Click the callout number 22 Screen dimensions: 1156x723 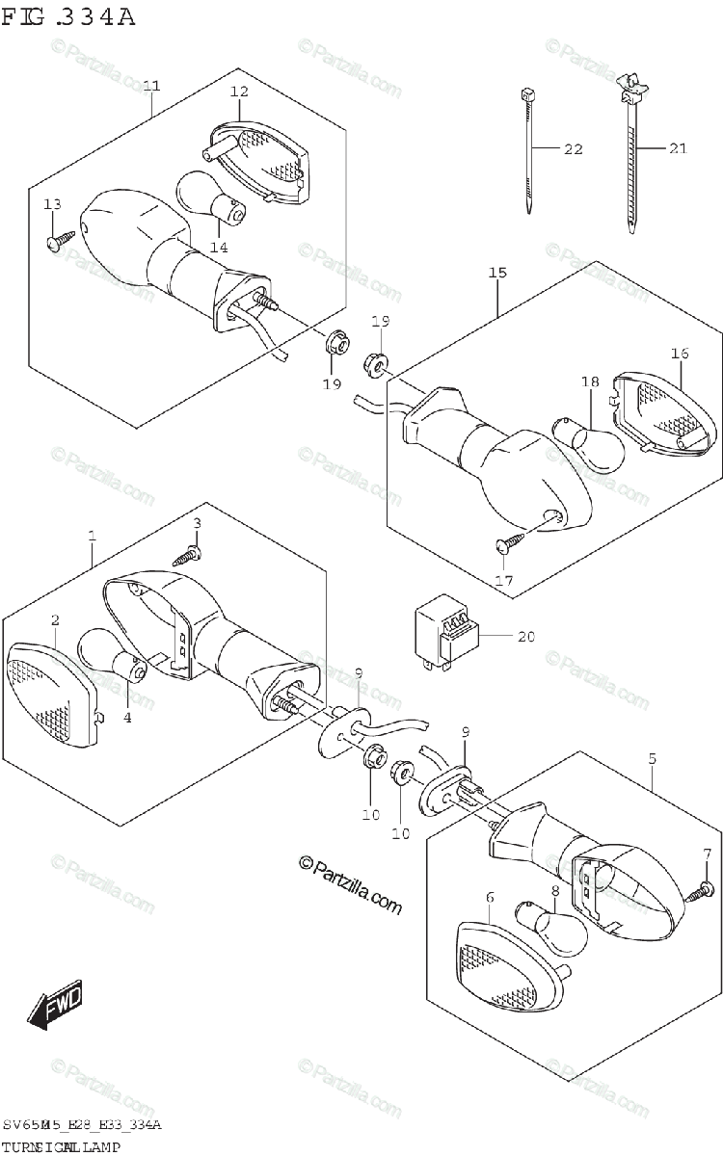pyautogui.click(x=574, y=149)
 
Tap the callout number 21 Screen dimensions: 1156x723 pyautogui.click(x=678, y=148)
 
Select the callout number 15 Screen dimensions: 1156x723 pyautogui.click(x=497, y=274)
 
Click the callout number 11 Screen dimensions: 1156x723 pyautogui.click(x=151, y=86)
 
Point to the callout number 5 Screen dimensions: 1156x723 pyautogui.click(x=652, y=759)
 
